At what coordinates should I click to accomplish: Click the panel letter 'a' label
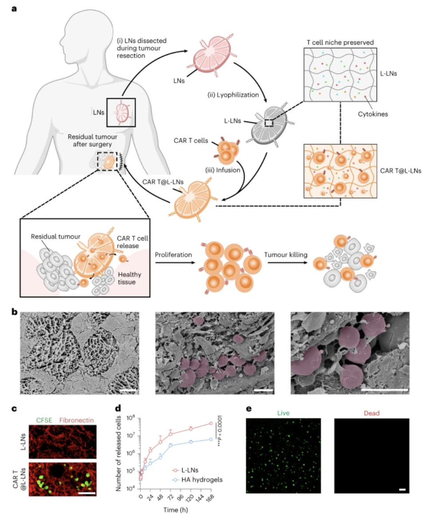coord(14,8)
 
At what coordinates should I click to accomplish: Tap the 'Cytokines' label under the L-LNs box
coord(373,114)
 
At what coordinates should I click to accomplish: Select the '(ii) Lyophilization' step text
coord(233,95)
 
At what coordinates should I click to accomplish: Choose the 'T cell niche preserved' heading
coord(340,42)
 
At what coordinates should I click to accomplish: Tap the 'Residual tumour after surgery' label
coord(92,140)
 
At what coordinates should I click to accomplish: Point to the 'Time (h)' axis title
coord(175,510)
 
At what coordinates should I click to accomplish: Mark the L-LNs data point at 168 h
coord(210,424)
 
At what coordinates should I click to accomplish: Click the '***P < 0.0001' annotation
coord(219,431)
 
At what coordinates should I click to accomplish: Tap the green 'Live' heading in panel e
coord(283,413)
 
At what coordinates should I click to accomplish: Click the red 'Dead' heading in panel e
coord(372,413)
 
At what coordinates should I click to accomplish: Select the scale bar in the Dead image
coord(402,489)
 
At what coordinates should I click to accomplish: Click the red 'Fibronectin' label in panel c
coord(76,420)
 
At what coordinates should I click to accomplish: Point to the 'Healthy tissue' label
coord(129,278)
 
